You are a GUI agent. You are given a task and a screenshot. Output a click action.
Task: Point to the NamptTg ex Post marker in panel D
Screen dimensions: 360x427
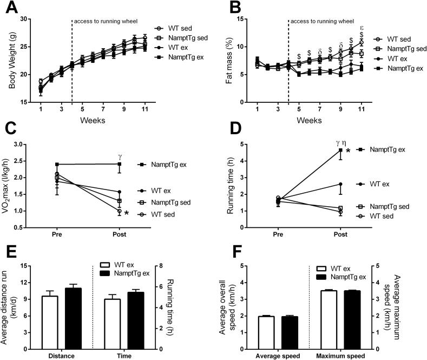coord(340,150)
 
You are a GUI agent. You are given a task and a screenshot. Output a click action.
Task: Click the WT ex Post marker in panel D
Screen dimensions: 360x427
coord(340,184)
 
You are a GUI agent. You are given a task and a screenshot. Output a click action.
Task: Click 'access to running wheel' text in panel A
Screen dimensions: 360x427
coord(105,22)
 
